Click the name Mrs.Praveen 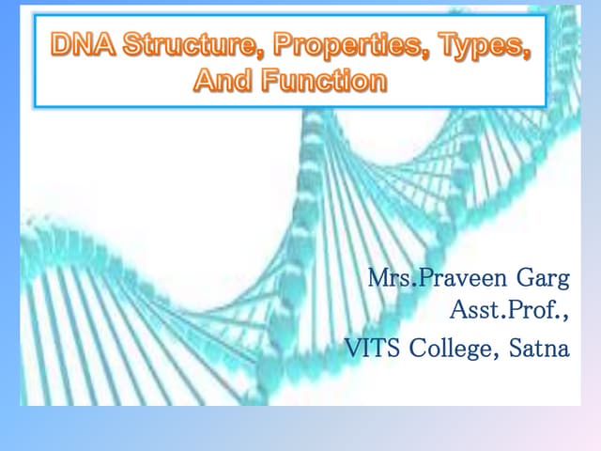pos(433,279)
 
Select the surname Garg pos(539,279)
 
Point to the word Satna pos(538,349)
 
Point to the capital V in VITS pos(353,349)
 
